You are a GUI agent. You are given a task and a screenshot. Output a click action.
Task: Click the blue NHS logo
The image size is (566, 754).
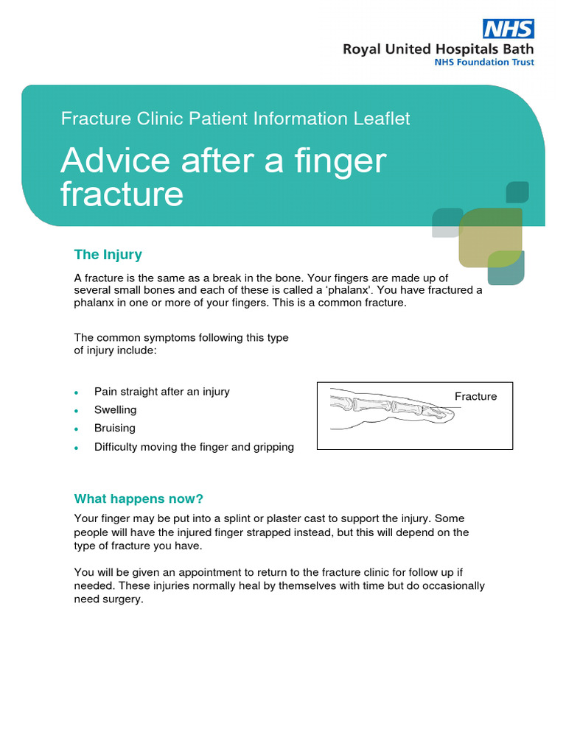(x=508, y=29)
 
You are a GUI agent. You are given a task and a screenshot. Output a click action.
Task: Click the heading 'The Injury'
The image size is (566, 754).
(x=108, y=255)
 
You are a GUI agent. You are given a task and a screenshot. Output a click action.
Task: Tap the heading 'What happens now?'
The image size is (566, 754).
(x=139, y=498)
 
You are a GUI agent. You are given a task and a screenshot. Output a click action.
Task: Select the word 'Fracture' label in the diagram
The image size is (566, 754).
(x=475, y=396)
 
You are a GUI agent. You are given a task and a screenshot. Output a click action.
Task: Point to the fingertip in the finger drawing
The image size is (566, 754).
(x=449, y=416)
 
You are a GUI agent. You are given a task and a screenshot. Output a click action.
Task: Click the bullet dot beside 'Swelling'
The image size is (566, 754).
(x=77, y=411)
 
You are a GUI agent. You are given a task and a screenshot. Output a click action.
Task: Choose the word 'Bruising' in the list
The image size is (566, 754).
(x=115, y=428)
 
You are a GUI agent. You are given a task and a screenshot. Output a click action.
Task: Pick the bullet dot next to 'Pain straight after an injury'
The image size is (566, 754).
(x=77, y=392)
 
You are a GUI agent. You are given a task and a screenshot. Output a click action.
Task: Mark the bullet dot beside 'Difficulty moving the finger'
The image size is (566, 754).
(x=77, y=448)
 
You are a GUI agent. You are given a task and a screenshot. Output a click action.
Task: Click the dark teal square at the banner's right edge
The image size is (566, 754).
(x=517, y=192)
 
